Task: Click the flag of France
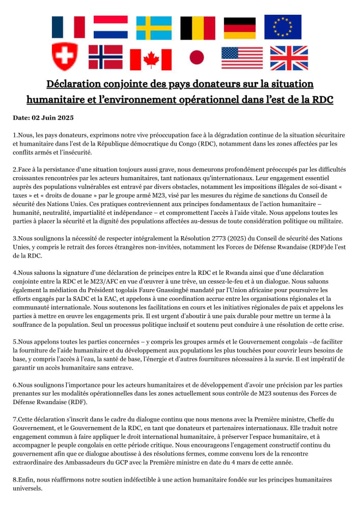point(68,27)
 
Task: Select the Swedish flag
point(153,27)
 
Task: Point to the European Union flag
point(283,27)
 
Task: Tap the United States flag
point(242,58)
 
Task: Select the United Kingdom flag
point(288,58)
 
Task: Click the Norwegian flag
point(105,56)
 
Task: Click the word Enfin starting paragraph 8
point(28,479)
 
